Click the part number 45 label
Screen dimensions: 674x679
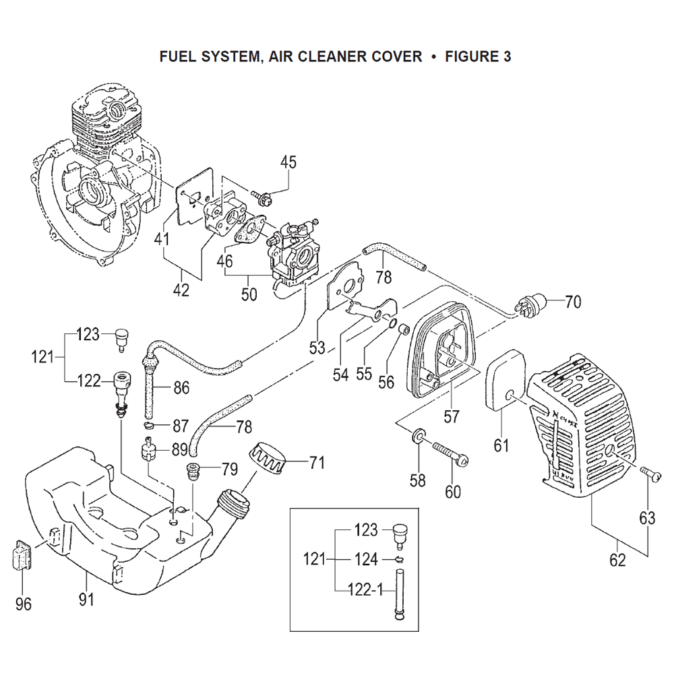coord(288,162)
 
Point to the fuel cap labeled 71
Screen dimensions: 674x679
coord(268,459)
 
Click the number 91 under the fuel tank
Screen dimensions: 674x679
coord(86,600)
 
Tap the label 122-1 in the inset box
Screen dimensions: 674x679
coord(366,589)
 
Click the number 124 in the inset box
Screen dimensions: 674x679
coord(367,560)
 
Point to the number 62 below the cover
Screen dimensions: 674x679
coord(617,560)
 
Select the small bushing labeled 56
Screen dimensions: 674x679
coord(404,329)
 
